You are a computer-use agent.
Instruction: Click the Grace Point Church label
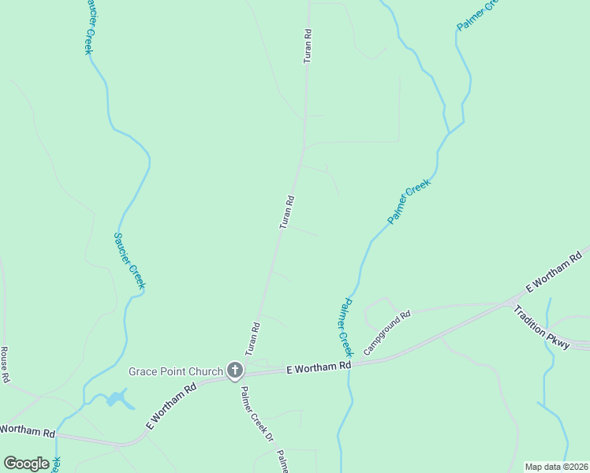click(176, 371)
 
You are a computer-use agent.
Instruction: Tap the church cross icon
click(234, 370)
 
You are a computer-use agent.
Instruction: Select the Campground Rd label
click(387, 332)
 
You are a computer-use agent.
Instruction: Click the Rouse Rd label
click(5, 364)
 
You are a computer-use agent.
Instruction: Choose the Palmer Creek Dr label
click(256, 412)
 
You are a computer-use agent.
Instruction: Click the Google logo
click(26, 463)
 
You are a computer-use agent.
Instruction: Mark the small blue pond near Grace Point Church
click(118, 399)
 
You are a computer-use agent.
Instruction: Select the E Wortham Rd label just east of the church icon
click(317, 367)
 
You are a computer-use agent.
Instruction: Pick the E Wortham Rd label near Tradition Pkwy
click(554, 271)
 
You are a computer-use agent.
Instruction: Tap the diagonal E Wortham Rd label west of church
click(172, 407)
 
